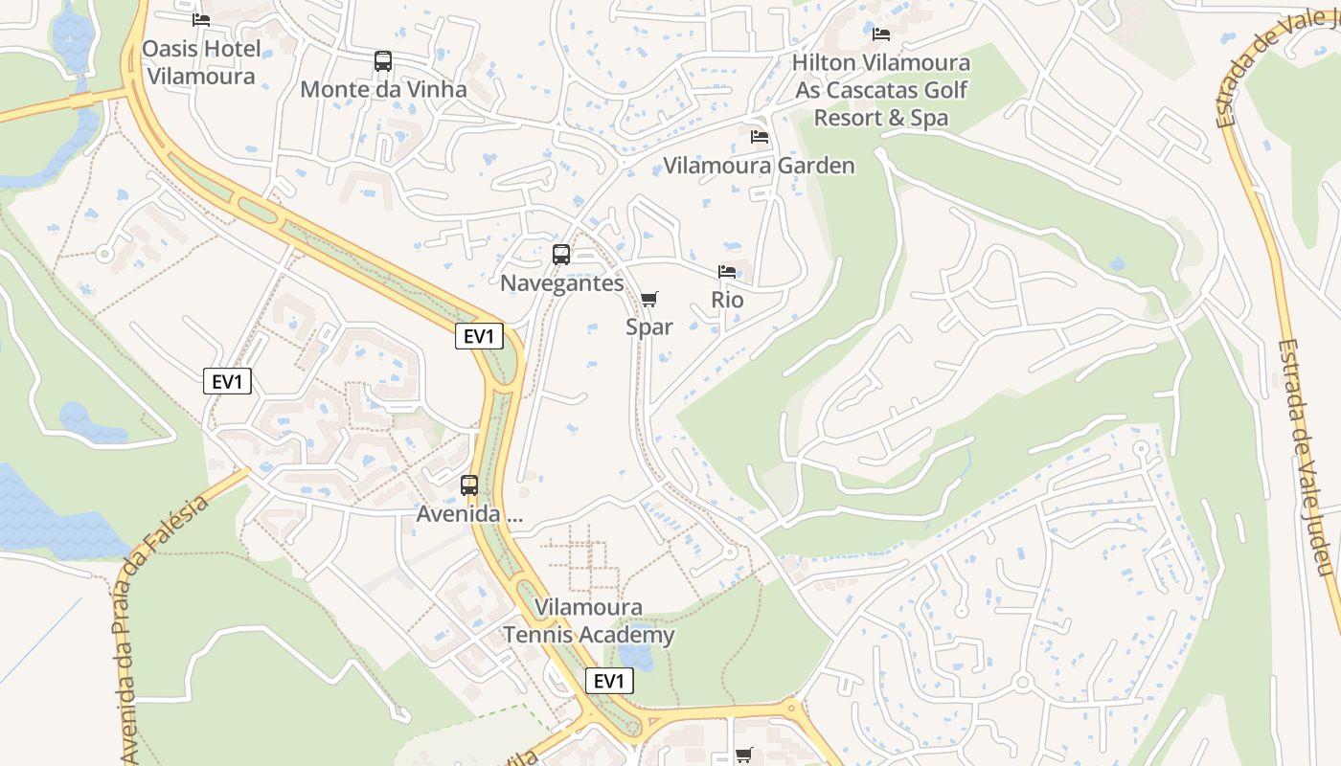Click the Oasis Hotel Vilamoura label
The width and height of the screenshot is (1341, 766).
tap(201, 62)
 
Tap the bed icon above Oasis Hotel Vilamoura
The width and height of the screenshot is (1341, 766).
tap(201, 19)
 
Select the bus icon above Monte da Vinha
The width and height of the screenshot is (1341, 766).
tap(383, 61)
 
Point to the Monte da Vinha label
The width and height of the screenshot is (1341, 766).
tap(383, 89)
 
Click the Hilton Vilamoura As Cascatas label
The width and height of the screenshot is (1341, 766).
tap(881, 90)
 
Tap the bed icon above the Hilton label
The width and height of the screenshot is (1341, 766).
tap(881, 34)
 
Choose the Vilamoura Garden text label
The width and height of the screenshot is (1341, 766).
tap(760, 166)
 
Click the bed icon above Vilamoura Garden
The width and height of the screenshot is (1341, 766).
tap(760, 137)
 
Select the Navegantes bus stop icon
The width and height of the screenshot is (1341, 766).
tap(561, 255)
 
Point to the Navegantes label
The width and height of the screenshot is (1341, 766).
tap(562, 283)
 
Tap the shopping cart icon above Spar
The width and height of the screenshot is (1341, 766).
tap(649, 299)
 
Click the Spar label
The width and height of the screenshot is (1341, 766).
tap(649, 327)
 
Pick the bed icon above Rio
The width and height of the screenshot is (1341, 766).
tap(727, 272)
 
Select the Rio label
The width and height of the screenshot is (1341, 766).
tap(727, 300)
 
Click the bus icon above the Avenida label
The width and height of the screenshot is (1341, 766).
tap(469, 485)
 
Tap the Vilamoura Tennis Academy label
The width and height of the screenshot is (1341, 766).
tap(589, 620)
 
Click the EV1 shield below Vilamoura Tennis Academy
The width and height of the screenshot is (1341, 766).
tap(609, 681)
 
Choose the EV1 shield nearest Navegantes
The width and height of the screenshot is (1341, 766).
tap(479, 336)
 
